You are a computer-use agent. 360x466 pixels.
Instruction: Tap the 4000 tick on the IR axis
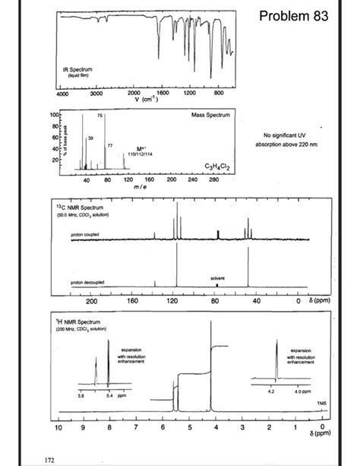62,95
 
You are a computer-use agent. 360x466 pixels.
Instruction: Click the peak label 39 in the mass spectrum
90,138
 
